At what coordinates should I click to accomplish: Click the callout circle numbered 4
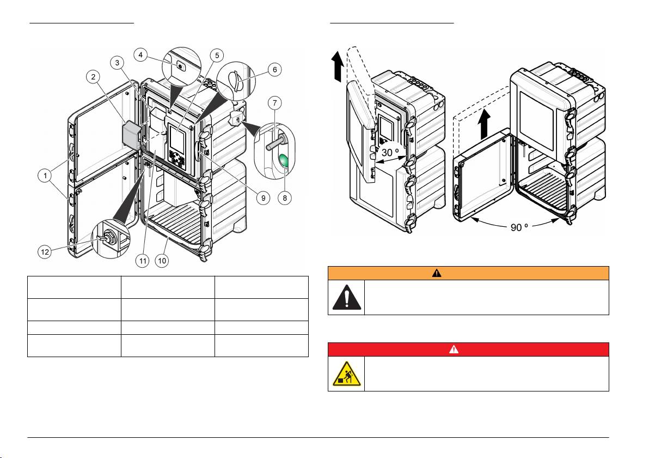[x=140, y=55]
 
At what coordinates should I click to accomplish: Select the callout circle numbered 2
[x=93, y=76]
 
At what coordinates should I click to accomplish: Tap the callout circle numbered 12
[x=45, y=251]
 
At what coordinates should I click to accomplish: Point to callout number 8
[x=284, y=198]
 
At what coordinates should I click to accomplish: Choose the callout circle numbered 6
[x=275, y=69]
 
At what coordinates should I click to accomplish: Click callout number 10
[x=162, y=260]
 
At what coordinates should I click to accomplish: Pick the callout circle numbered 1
[x=45, y=176]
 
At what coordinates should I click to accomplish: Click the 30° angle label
[x=390, y=153]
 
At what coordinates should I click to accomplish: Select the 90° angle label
[x=519, y=227]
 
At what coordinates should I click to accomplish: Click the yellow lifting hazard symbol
[x=346, y=374]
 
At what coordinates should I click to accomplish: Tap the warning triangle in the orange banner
[x=437, y=273]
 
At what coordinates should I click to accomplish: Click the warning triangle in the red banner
[x=454, y=349]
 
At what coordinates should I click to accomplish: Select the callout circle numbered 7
[x=274, y=103]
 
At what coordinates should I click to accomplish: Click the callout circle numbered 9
[x=263, y=198]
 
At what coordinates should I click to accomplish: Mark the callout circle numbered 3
[x=118, y=63]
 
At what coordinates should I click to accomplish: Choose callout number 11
[x=143, y=260]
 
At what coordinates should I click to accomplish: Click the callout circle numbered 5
[x=217, y=55]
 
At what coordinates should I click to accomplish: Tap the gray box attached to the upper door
[x=132, y=135]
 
